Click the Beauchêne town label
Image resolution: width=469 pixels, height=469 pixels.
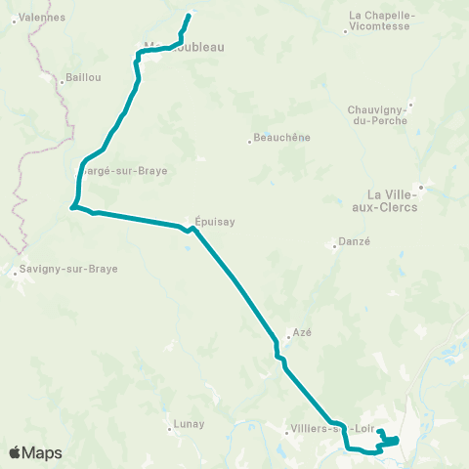click(281, 138)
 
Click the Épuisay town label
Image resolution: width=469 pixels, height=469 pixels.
click(215, 221)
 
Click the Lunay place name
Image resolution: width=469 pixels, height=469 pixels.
click(188, 423)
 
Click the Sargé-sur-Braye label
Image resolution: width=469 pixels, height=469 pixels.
click(122, 170)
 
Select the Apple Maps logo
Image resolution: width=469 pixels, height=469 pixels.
click(35, 452)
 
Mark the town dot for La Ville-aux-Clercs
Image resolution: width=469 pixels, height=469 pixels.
click(421, 186)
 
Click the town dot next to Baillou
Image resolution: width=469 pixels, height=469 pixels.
click(63, 82)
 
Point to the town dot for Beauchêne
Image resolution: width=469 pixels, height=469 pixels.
click(249, 143)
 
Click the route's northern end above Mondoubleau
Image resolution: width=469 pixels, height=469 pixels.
click(189, 15)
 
